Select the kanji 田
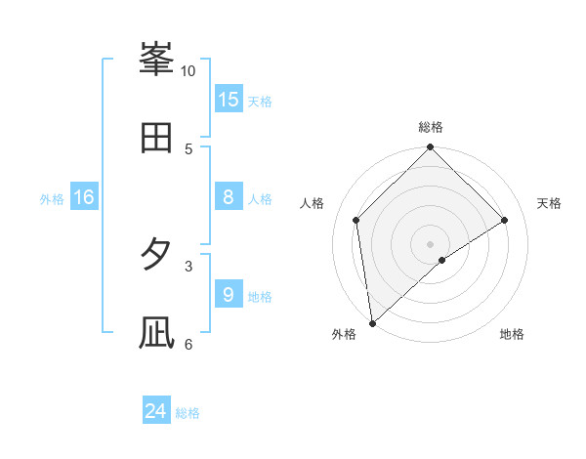(156, 139)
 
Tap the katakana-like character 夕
(156, 255)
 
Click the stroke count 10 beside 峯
(188, 71)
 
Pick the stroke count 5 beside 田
(188, 148)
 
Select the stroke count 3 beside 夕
(188, 265)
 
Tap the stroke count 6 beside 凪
(188, 343)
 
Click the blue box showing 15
(229, 100)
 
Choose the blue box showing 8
(229, 197)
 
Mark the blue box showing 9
(229, 294)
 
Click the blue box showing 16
(84, 197)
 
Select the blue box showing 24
(156, 411)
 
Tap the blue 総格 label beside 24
(188, 413)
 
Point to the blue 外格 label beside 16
(52, 199)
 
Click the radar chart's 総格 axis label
(431, 127)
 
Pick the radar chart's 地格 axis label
(512, 334)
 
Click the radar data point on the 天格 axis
(505, 220)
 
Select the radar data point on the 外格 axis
(372, 323)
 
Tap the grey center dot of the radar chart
(431, 243)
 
